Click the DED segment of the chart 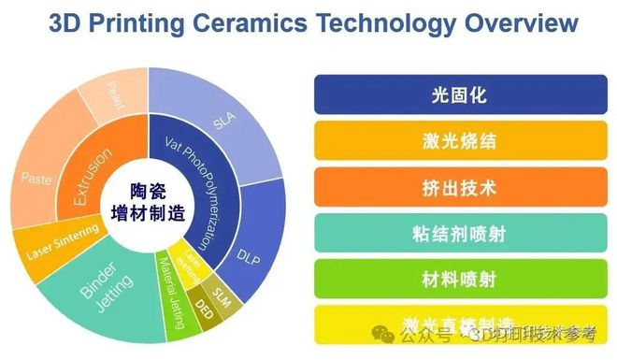204,303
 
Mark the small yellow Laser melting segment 190,267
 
